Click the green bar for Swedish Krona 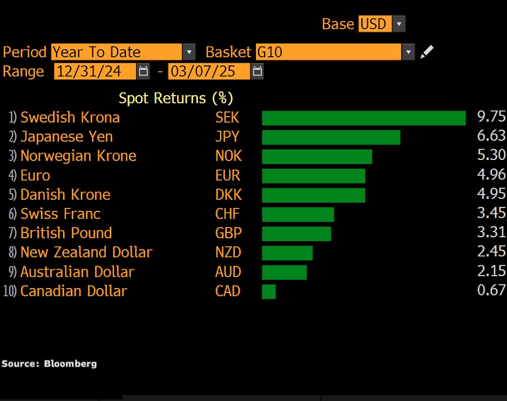pyautogui.click(x=363, y=118)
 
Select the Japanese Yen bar pyautogui.click(x=331, y=137)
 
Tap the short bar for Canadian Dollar pyautogui.click(x=269, y=292)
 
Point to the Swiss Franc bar pyautogui.click(x=298, y=215)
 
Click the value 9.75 pyautogui.click(x=491, y=118)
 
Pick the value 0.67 pyautogui.click(x=491, y=291)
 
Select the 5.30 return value pyautogui.click(x=491, y=156)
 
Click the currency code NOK pyautogui.click(x=228, y=156)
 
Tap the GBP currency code pyautogui.click(x=228, y=233)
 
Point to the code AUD pyautogui.click(x=228, y=272)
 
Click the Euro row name pyautogui.click(x=35, y=176)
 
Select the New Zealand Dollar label pyautogui.click(x=86, y=252)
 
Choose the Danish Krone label pyautogui.click(x=65, y=195)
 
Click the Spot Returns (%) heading pyautogui.click(x=175, y=98)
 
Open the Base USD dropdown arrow pyautogui.click(x=398, y=24)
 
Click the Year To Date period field pyautogui.click(x=117, y=52)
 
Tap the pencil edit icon pyautogui.click(x=427, y=52)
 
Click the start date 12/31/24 pyautogui.click(x=95, y=71)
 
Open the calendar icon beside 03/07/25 pyautogui.click(x=258, y=71)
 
